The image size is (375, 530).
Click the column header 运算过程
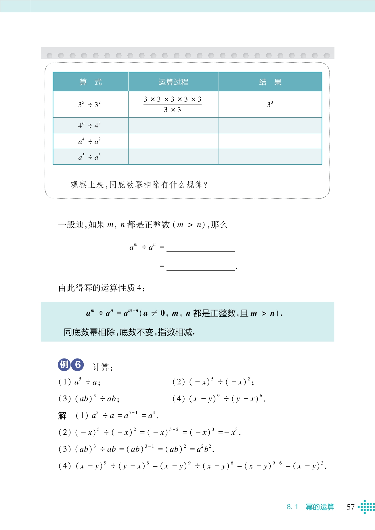pyautogui.click(x=173, y=82)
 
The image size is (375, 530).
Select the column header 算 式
pyautogui.click(x=91, y=82)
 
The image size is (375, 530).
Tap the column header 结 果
pyautogui.click(x=270, y=82)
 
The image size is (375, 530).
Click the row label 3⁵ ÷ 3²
pyautogui.click(x=89, y=104)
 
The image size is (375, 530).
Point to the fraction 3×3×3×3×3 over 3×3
pyautogui.click(x=173, y=104)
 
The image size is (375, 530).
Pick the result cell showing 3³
pyautogui.click(x=270, y=104)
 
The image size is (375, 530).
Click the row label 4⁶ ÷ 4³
pyautogui.click(x=89, y=125)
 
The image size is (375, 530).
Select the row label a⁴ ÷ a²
pyautogui.click(x=89, y=141)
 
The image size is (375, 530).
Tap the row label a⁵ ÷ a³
pyautogui.click(x=89, y=157)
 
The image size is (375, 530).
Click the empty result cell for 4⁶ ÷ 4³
pyautogui.click(x=270, y=125)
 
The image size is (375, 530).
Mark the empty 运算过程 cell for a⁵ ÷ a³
pyautogui.click(x=173, y=157)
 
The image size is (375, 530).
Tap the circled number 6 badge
pyautogui.click(x=78, y=365)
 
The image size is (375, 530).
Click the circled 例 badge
pyautogui.click(x=64, y=365)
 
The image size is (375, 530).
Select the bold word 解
pyautogui.click(x=62, y=415)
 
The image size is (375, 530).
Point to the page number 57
pyautogui.click(x=351, y=507)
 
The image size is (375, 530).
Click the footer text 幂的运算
pyautogui.click(x=320, y=507)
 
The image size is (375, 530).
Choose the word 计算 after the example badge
pyautogui.click(x=101, y=367)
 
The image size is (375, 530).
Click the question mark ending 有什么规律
pyautogui.click(x=205, y=185)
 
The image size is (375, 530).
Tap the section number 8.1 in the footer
pyautogui.click(x=292, y=507)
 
